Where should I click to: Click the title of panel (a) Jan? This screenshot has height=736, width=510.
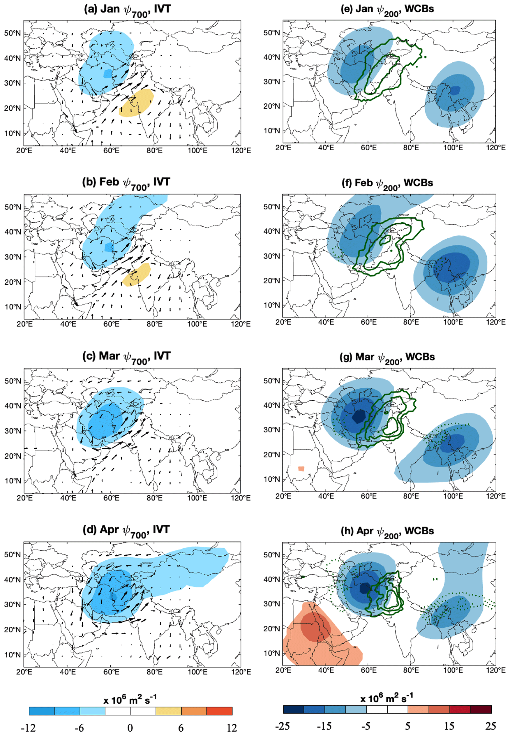click(127, 10)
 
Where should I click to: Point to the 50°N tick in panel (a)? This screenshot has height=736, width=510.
click(12, 33)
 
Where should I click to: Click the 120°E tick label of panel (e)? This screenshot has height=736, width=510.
click(496, 148)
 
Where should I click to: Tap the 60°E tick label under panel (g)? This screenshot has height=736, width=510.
click(368, 496)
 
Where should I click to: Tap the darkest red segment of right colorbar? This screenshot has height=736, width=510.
click(481, 709)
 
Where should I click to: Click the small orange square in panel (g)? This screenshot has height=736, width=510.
click(301, 469)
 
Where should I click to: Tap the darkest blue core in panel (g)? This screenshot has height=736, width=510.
click(359, 416)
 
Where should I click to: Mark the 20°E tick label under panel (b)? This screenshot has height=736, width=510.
click(24, 324)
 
